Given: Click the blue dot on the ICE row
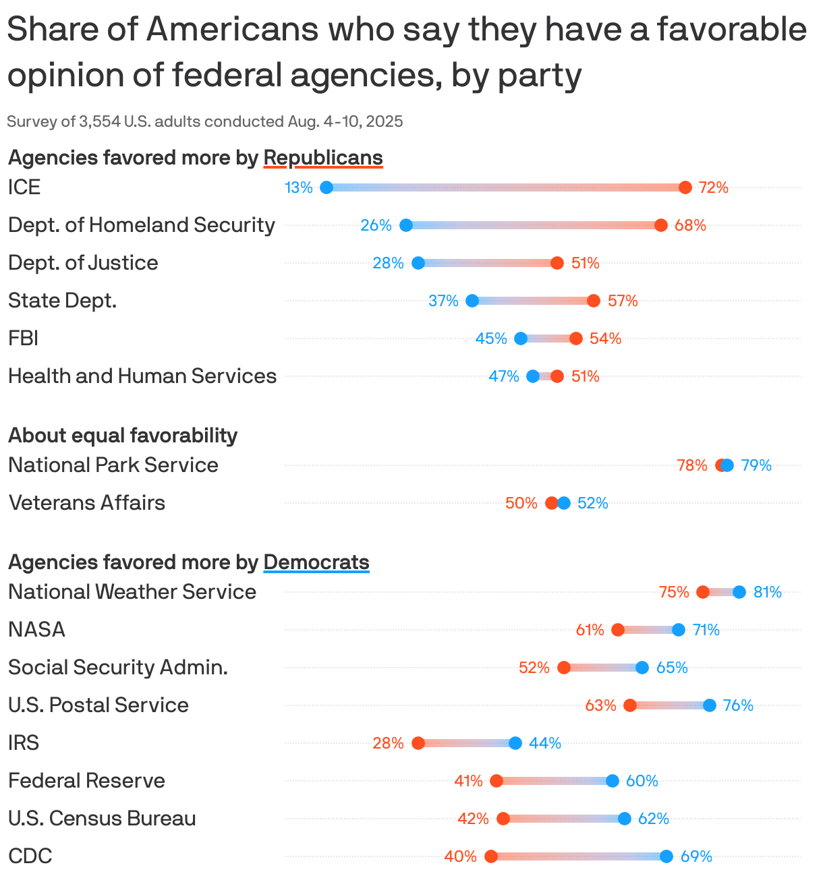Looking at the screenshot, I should pyautogui.click(x=327, y=187).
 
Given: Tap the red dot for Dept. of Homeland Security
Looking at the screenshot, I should pyautogui.click(x=660, y=225).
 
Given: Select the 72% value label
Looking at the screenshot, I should pyautogui.click(x=713, y=187).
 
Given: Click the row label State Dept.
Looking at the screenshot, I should pyautogui.click(x=63, y=300).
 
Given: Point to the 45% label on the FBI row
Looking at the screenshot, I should pyautogui.click(x=491, y=339).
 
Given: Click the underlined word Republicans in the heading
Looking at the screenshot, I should pyautogui.click(x=323, y=158).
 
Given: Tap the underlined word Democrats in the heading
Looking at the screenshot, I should pyautogui.click(x=316, y=562).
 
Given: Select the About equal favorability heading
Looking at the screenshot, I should pyautogui.click(x=123, y=436).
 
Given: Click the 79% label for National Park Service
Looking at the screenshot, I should pyautogui.click(x=756, y=465).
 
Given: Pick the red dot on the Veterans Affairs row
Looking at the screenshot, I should pyautogui.click(x=551, y=503).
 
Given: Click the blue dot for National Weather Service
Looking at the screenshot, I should pyautogui.click(x=739, y=592).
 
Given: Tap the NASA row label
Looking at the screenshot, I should pyautogui.click(x=37, y=629).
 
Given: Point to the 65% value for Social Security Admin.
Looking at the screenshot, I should pyautogui.click(x=672, y=668).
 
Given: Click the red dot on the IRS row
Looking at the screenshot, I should pyautogui.click(x=418, y=743).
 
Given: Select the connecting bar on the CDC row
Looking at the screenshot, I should pyautogui.click(x=579, y=856).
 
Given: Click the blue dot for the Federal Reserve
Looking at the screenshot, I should pyautogui.click(x=613, y=781).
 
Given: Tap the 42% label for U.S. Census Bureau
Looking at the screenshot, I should pyautogui.click(x=473, y=819).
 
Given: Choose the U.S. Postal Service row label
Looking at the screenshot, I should pyautogui.click(x=98, y=705).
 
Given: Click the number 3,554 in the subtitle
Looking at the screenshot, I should pyautogui.click(x=101, y=121).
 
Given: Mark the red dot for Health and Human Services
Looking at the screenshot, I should pyautogui.click(x=557, y=376).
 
